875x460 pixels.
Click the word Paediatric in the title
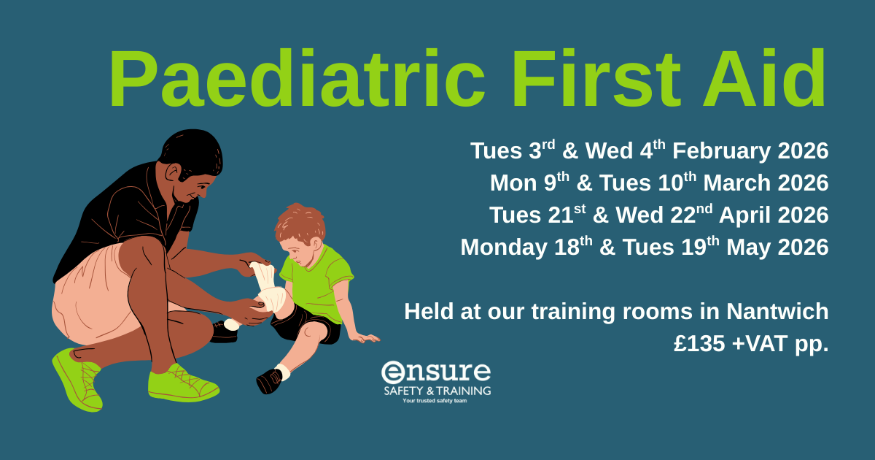[297, 77]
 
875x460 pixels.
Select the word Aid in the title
[764, 77]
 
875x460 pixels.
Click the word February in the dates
[721, 152]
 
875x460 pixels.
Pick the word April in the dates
[744, 216]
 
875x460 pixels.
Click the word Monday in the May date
[504, 248]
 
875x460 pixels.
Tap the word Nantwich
[777, 311]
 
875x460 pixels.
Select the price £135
[699, 344]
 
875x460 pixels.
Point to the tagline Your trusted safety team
[435, 401]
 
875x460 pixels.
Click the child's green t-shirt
[316, 282]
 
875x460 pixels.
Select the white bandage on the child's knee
[270, 288]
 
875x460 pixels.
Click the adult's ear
[172, 172]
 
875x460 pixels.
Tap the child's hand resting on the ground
[365, 337]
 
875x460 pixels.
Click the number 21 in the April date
[561, 216]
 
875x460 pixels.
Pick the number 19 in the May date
[693, 248]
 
